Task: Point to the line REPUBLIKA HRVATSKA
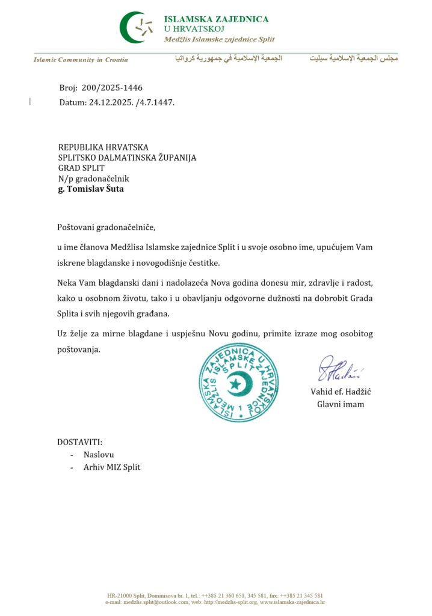tap(103, 147)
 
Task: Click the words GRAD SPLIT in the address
tap(81, 168)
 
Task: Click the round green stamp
tap(238, 383)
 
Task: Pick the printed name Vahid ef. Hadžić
tap(341, 392)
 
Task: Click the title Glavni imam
tap(341, 404)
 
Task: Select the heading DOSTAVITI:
tap(80, 442)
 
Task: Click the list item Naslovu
tap(99, 455)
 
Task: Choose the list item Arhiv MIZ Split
tap(112, 467)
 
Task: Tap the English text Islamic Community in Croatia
tap(81, 60)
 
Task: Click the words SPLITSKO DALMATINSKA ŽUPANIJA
tap(127, 158)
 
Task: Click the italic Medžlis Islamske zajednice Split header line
tap(219, 39)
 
